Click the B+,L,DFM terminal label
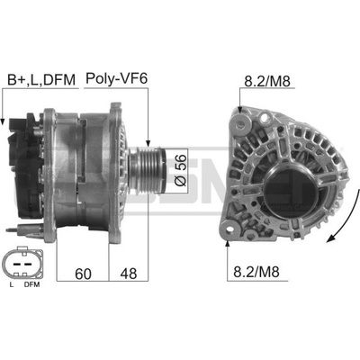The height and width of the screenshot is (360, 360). tap(41, 80)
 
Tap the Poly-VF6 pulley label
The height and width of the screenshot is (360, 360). tap(116, 79)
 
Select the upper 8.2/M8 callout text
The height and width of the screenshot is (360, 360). tap(267, 81)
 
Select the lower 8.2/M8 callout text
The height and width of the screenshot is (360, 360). tap(256, 272)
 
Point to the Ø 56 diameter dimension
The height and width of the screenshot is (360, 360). tap(181, 170)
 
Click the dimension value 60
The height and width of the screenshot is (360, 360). tap(83, 274)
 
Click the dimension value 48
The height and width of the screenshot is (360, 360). tap(129, 274)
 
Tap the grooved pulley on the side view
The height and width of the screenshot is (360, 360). tap(147, 171)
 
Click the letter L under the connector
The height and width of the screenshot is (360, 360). tap(12, 284)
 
